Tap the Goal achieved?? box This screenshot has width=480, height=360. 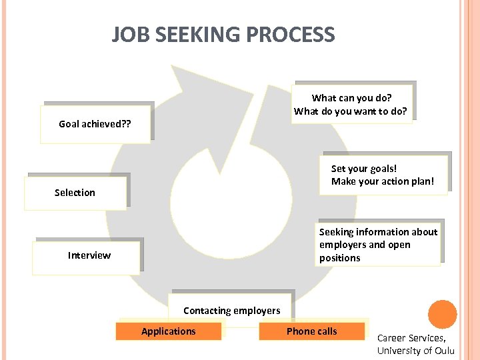[x=95, y=124]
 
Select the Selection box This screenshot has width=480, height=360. [x=75, y=193]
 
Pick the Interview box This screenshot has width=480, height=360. [x=89, y=255]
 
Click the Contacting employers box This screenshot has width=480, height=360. [x=231, y=310]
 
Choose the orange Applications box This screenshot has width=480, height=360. [x=169, y=331]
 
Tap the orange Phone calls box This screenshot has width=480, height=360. [x=312, y=331]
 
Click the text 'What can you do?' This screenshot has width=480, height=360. [x=351, y=98]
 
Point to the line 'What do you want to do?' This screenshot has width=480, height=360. [x=350, y=111]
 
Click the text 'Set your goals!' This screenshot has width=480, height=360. [x=364, y=169]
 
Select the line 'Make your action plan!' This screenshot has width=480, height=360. [x=383, y=181]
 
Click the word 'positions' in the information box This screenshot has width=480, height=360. [x=339, y=258]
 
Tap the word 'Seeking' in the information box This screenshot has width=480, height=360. [x=337, y=232]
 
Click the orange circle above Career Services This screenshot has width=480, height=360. [x=442, y=315]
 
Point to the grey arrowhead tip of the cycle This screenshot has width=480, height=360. [x=175, y=69]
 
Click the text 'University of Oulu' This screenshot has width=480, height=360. [x=415, y=351]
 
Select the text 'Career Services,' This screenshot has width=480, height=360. [x=411, y=338]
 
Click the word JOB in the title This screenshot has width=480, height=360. [x=127, y=35]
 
